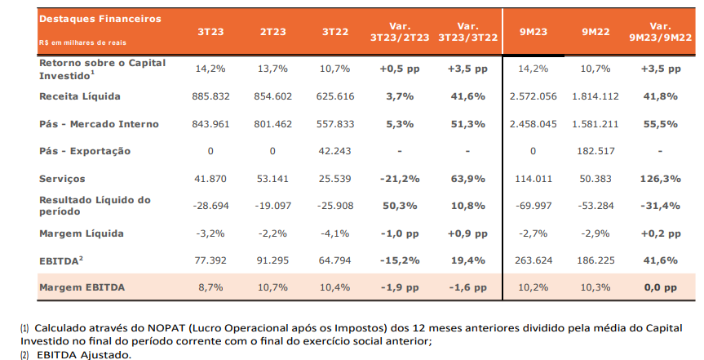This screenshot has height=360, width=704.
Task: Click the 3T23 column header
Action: click(210, 32)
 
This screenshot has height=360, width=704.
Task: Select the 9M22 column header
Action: click(596, 32)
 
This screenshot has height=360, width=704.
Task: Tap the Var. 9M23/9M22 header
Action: click(661, 32)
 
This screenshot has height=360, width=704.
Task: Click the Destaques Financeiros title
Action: click(100, 19)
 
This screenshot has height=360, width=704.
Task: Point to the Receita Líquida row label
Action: click(80, 96)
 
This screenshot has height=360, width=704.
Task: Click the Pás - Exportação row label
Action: click(85, 151)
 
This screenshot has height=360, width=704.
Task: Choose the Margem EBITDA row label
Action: click(82, 287)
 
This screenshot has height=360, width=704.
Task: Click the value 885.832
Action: click(210, 96)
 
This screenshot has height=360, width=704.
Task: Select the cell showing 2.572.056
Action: click(533, 96)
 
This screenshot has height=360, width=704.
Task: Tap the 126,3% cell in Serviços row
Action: click(661, 179)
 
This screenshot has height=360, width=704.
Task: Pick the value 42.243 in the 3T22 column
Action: click(335, 151)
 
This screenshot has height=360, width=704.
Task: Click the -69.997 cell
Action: click(533, 206)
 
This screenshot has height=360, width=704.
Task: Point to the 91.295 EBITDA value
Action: click(272, 260)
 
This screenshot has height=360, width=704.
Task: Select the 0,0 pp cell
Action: click(661, 287)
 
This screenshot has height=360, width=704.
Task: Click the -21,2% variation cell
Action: click(400, 179)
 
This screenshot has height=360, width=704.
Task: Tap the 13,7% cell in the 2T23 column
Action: click(272, 69)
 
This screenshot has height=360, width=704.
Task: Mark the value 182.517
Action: click(596, 151)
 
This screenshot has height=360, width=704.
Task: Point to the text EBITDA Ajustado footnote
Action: click(83, 355)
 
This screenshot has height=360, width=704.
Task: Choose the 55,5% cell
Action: click(661, 124)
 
